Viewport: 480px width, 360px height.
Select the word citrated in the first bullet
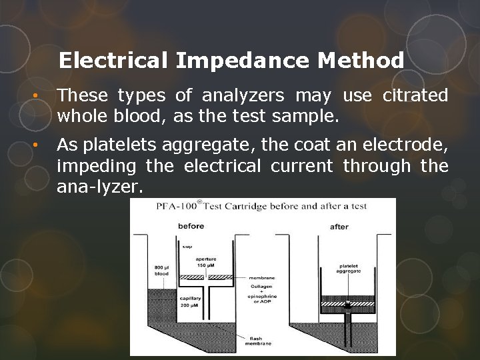tap(415, 96)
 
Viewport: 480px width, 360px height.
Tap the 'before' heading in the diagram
tap(191, 226)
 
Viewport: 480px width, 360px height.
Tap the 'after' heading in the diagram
tap(339, 227)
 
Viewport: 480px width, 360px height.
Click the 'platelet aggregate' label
tap(349, 268)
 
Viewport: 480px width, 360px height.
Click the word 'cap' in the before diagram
tap(187, 245)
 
